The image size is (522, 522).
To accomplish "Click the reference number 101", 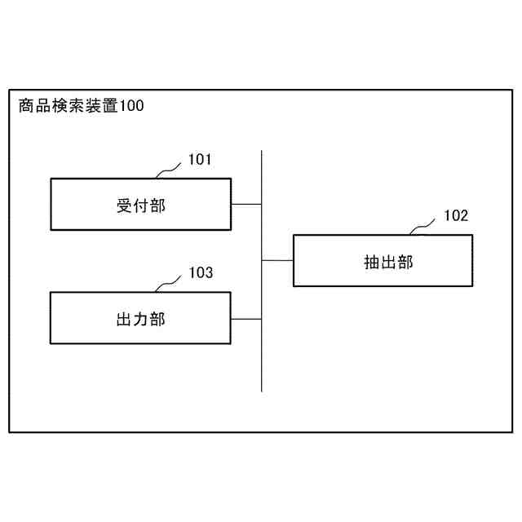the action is pos(200,160).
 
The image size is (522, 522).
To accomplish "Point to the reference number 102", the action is pos(456,216).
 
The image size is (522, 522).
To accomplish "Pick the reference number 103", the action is pos(200,273).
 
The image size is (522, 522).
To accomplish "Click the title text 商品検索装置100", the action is pos(81,105).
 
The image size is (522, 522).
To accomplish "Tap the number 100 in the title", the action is pos(132,105).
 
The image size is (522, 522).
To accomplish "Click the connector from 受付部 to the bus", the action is pos(246,203).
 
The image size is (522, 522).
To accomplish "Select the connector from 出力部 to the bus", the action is pos(246,318).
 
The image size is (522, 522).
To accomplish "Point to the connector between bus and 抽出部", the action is pos(277,260).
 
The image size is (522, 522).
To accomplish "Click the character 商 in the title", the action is pos(25,105).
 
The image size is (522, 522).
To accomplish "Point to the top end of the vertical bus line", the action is pos(262,152).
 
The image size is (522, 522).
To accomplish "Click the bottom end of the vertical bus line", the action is pos(262,391).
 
